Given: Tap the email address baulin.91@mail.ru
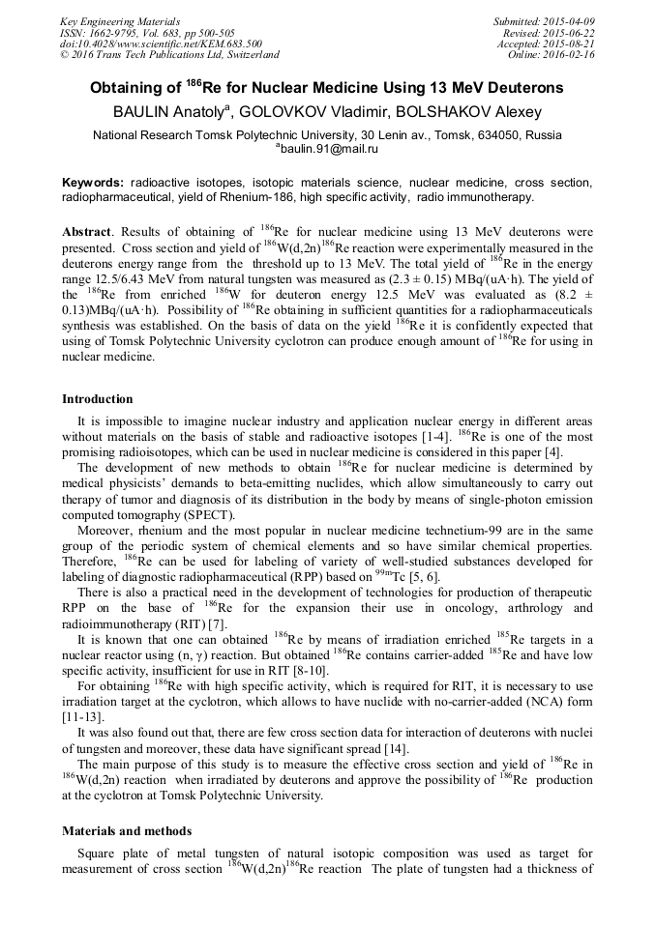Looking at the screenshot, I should pyautogui.click(x=329, y=150).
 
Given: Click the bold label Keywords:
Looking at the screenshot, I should pyautogui.click(x=93, y=183).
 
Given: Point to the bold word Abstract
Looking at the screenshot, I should pyautogui.click(x=87, y=233).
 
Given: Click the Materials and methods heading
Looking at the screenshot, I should pyautogui.click(x=127, y=830).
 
